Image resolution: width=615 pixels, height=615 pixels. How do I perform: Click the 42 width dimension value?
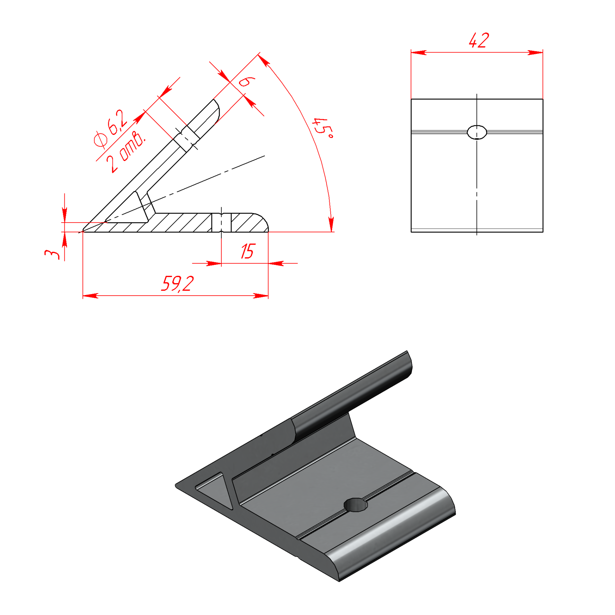[479, 40]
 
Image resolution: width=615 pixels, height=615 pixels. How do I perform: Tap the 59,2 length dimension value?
[177, 283]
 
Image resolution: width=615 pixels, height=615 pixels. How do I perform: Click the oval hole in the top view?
[477, 132]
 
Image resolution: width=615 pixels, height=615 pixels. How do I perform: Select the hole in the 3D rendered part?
[355, 505]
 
